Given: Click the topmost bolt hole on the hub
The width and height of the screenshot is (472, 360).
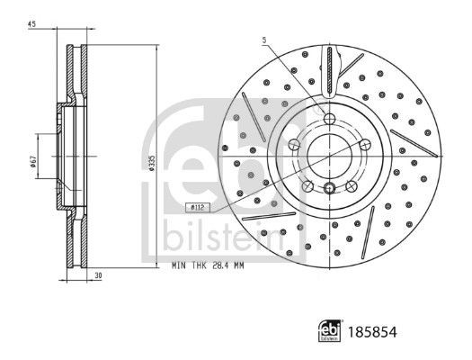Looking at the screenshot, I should click(x=329, y=121).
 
